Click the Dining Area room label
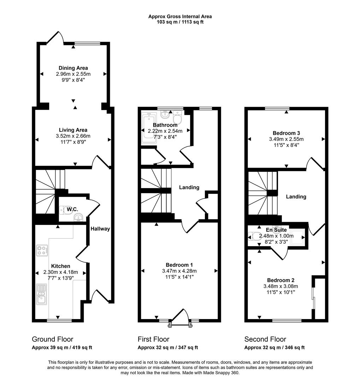[73, 68]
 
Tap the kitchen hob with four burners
[42, 250]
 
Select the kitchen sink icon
[41, 295]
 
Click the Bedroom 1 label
[179, 265]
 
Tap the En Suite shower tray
[300, 236]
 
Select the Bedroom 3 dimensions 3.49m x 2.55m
[286, 139]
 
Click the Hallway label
[100, 229]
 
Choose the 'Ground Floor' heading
[52, 339]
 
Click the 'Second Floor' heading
[265, 339]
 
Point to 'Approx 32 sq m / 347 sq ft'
[167, 348]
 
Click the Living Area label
[73, 130]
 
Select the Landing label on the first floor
[189, 187]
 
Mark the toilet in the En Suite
[253, 236]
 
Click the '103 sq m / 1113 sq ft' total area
[180, 22]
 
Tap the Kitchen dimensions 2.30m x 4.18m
[60, 272]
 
